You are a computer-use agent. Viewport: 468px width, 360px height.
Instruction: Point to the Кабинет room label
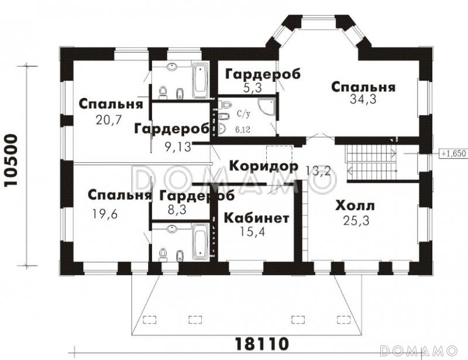pyautogui.click(x=256, y=218)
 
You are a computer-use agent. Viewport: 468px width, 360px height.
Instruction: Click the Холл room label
pyautogui.click(x=355, y=206)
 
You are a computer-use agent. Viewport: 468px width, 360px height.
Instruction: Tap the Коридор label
pyautogui.click(x=263, y=166)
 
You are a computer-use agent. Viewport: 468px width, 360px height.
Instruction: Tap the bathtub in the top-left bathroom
pyautogui.click(x=199, y=80)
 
